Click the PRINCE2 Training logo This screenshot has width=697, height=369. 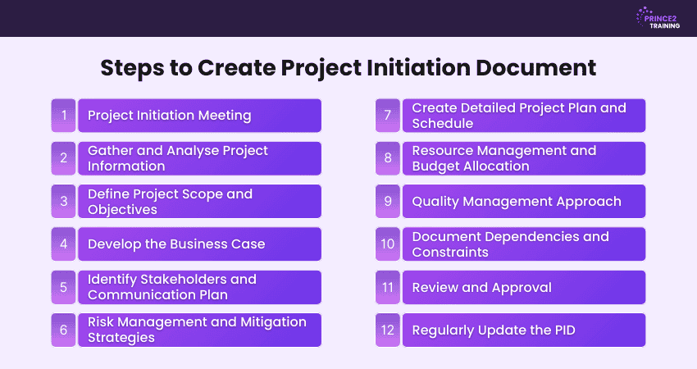click(x=658, y=18)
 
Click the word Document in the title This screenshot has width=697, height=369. click(x=535, y=68)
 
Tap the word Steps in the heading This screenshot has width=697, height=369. click(x=133, y=69)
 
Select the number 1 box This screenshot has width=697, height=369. click(x=64, y=116)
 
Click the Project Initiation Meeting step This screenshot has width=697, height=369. click(x=199, y=116)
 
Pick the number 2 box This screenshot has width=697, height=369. click(x=64, y=158)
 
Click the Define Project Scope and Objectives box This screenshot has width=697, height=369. click(x=199, y=202)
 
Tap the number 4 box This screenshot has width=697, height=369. click(x=64, y=244)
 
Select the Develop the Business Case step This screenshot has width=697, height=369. click(x=199, y=244)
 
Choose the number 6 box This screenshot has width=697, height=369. click(x=64, y=330)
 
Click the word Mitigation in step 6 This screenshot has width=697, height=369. click(x=273, y=322)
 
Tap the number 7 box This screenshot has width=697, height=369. click(x=388, y=116)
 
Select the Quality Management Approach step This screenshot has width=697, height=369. click(x=524, y=202)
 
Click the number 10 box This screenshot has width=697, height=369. click(x=388, y=244)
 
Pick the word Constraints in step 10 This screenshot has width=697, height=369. click(x=450, y=253)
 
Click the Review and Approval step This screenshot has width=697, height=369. click(x=524, y=287)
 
